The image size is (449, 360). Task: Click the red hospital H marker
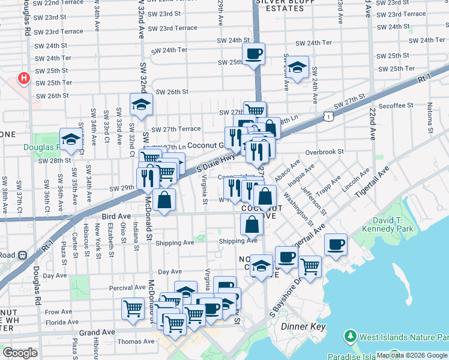click(23, 78)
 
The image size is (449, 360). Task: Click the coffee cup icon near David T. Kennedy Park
click(336, 244)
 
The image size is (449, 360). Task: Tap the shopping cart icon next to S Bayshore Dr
click(310, 266)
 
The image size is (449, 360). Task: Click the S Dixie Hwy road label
click(216, 163)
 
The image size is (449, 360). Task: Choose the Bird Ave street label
click(116, 216)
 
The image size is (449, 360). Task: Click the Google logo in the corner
click(20, 353)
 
